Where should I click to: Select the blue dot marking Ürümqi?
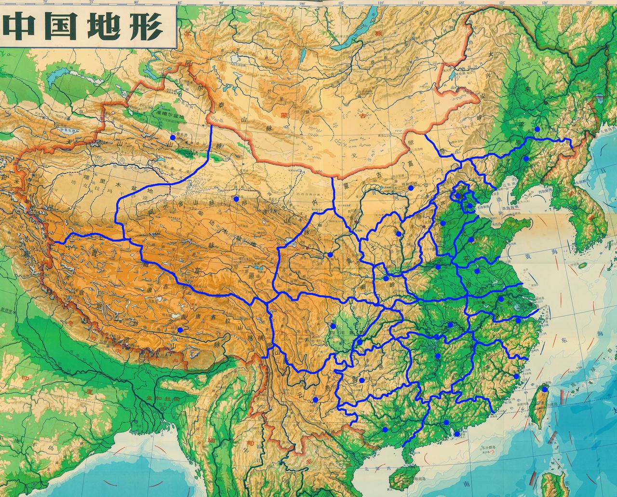coord(173,137)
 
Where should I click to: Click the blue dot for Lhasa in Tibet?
coord(180,330)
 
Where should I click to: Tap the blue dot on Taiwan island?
coord(544,390)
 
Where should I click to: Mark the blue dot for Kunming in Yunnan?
coord(315,400)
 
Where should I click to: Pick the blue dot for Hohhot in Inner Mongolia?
coord(411,188)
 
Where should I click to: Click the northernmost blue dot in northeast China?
coord(537,129)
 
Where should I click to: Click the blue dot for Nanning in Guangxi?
coord(385,429)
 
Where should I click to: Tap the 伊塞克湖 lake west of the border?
coord(68,131)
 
